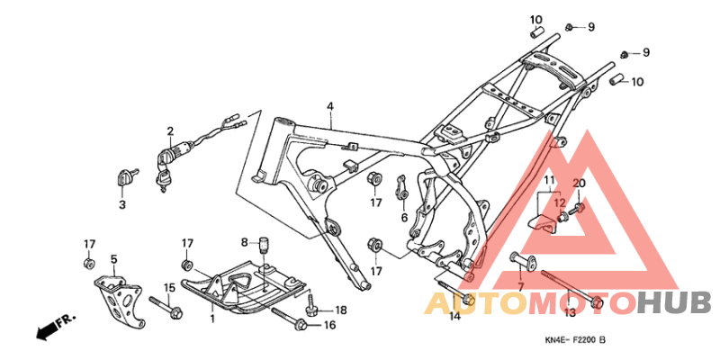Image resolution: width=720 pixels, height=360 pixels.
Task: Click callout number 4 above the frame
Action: pyautogui.click(x=330, y=106)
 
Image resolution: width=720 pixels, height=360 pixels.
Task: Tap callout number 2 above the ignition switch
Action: pyautogui.click(x=170, y=131)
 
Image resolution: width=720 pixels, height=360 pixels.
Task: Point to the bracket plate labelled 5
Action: pyautogui.click(x=118, y=300)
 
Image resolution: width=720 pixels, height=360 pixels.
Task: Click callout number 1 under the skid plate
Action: pyautogui.click(x=212, y=319)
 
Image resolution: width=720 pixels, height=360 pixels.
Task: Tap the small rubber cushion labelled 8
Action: pyautogui.click(x=264, y=244)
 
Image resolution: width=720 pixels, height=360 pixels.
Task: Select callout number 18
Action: pyautogui.click(x=341, y=310)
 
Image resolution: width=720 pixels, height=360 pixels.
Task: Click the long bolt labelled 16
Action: pyautogui.click(x=290, y=318)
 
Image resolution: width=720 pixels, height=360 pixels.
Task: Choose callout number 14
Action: pyautogui.click(x=454, y=316)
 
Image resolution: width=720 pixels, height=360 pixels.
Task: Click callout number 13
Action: pyautogui.click(x=570, y=312)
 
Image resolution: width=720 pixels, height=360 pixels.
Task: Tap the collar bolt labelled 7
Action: pyautogui.click(x=521, y=259)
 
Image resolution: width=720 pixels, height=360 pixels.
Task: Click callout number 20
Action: pyautogui.click(x=580, y=184)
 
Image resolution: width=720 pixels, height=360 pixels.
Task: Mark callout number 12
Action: pyautogui.click(x=560, y=202)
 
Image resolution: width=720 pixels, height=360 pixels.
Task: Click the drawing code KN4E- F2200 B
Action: pyautogui.click(x=575, y=341)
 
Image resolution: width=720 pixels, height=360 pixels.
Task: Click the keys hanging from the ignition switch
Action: pyautogui.click(x=163, y=178)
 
